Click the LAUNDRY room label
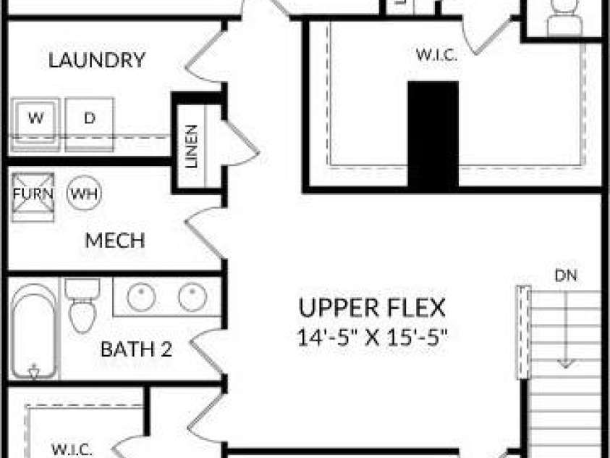(x=96, y=60)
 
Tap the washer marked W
(x=35, y=124)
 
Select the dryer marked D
(x=90, y=124)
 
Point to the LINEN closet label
(x=191, y=146)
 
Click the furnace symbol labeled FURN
(x=33, y=197)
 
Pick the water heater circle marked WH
(x=84, y=193)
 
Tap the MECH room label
(x=115, y=241)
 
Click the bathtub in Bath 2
(x=34, y=331)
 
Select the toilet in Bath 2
(x=82, y=305)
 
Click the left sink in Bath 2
(x=142, y=298)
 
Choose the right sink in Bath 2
(x=192, y=297)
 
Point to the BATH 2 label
(x=136, y=349)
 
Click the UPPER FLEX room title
(x=372, y=308)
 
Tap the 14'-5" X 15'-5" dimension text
(x=373, y=337)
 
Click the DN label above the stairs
(x=566, y=275)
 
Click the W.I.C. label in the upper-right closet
(x=436, y=54)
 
